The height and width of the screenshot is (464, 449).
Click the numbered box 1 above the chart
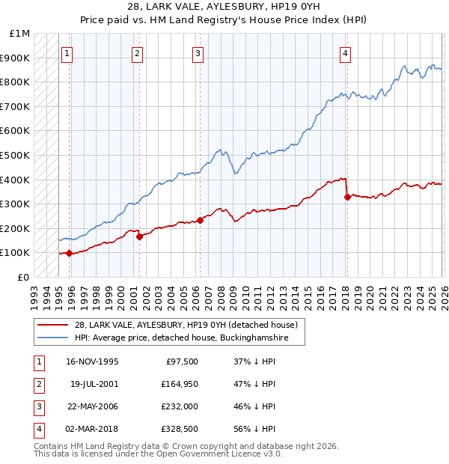(67, 53)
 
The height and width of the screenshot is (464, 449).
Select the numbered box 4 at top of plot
(345, 53)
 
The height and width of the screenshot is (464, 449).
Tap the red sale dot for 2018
(347, 198)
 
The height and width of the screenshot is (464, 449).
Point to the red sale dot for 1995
(70, 253)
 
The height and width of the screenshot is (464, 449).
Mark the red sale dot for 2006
(200, 220)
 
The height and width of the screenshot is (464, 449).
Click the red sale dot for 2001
(140, 236)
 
